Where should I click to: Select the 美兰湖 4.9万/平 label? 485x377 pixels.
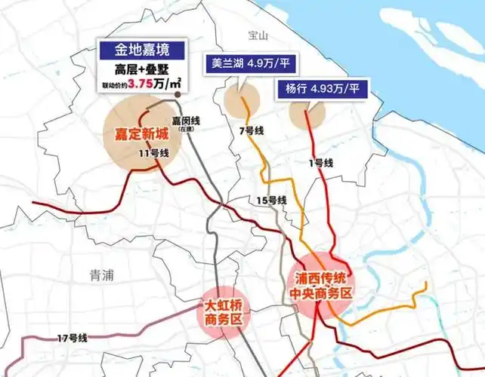245,63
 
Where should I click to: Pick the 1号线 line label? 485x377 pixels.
322,162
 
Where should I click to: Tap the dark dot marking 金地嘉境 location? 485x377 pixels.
177,96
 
